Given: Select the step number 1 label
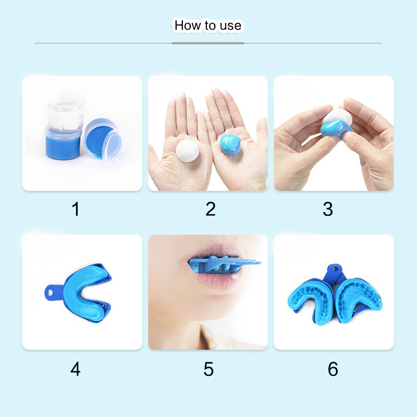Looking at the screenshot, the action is pyautogui.click(x=76, y=209).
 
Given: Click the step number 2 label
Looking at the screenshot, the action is pyautogui.click(x=211, y=209).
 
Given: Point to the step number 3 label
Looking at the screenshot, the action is pyautogui.click(x=328, y=209).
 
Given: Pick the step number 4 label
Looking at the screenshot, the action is pyautogui.click(x=75, y=369).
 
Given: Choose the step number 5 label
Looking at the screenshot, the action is pyautogui.click(x=209, y=369).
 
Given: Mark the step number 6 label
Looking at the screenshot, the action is pyautogui.click(x=333, y=369).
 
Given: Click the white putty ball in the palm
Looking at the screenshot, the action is pyautogui.click(x=188, y=151).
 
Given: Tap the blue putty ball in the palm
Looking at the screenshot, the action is pyautogui.click(x=230, y=144).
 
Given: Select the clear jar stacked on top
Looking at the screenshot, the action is pyautogui.click(x=66, y=114).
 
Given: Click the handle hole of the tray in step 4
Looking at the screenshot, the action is pyautogui.click(x=50, y=293).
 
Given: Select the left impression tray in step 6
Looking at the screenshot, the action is pyautogui.click(x=311, y=301).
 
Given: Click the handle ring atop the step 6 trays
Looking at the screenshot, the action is pyautogui.click(x=335, y=269).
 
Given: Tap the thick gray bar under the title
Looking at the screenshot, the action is pyautogui.click(x=207, y=43).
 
